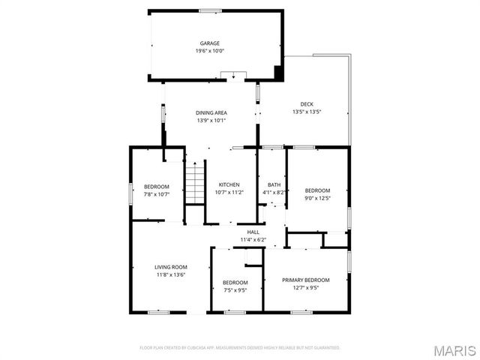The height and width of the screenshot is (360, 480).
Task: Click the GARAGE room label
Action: pos(209,43)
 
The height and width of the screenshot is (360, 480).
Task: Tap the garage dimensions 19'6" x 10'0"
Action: pos(209,51)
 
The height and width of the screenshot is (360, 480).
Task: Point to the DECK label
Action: pos(307,104)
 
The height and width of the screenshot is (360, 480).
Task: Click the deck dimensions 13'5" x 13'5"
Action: pos(307,112)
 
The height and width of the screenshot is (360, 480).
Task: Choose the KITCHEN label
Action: pos(229,184)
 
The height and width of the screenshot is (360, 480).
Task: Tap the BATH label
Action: pos(274,184)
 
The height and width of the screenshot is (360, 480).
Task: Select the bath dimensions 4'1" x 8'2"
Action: pos(274,192)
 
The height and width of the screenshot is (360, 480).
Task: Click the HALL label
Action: pos(253,232)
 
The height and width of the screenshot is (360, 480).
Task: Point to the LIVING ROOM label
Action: pos(171,267)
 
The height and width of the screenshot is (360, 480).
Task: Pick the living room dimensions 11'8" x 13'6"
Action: pos(171,274)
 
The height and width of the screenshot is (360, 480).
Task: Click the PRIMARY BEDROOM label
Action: pos(305,280)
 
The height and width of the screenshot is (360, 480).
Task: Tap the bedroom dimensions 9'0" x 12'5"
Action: pos(317,198)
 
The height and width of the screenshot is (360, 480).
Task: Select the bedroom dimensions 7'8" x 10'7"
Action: pos(157,194)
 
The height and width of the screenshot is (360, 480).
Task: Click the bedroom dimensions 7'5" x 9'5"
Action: pos(235,290)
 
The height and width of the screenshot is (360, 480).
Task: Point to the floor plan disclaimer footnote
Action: pos(240,348)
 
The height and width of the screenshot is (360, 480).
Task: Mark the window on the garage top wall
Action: pos(210,10)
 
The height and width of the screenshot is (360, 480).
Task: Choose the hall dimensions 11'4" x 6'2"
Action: pos(253,240)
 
